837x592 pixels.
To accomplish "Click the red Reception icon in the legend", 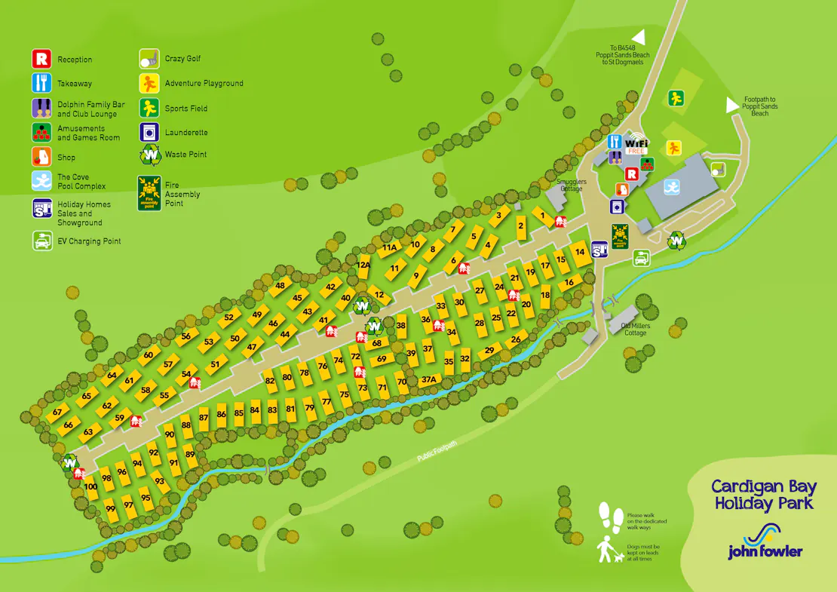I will (41, 59).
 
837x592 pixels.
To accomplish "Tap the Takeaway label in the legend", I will (75, 84).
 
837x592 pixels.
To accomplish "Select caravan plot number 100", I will (91, 486).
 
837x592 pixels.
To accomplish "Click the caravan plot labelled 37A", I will (429, 379).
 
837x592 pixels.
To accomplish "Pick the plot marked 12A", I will (364, 265).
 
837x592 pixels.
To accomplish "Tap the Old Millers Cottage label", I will (635, 329).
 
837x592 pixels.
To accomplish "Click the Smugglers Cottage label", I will (571, 185).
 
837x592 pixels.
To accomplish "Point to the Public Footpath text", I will (437, 450).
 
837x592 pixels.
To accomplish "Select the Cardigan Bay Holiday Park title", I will (763, 495).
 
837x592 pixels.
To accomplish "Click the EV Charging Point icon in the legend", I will (41, 241).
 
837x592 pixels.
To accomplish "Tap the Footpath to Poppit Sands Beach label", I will (759, 106).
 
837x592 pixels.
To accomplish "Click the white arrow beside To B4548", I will (639, 37).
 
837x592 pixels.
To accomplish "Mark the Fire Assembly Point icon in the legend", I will (149, 193).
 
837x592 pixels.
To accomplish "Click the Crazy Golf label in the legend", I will (182, 59).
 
